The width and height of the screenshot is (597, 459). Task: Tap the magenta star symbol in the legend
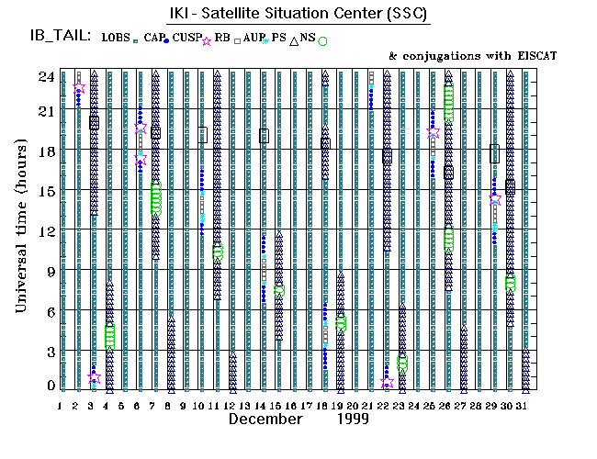point(207,40)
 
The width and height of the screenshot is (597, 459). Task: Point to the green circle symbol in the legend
point(322,40)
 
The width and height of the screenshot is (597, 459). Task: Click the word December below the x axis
point(265,419)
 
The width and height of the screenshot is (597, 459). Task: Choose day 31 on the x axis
point(525,404)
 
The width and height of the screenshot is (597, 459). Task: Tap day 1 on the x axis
point(61,404)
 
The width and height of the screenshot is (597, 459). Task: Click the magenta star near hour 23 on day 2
point(79,88)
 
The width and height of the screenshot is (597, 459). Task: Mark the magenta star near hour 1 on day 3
point(94,377)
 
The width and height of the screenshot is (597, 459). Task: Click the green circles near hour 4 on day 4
point(109,336)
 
